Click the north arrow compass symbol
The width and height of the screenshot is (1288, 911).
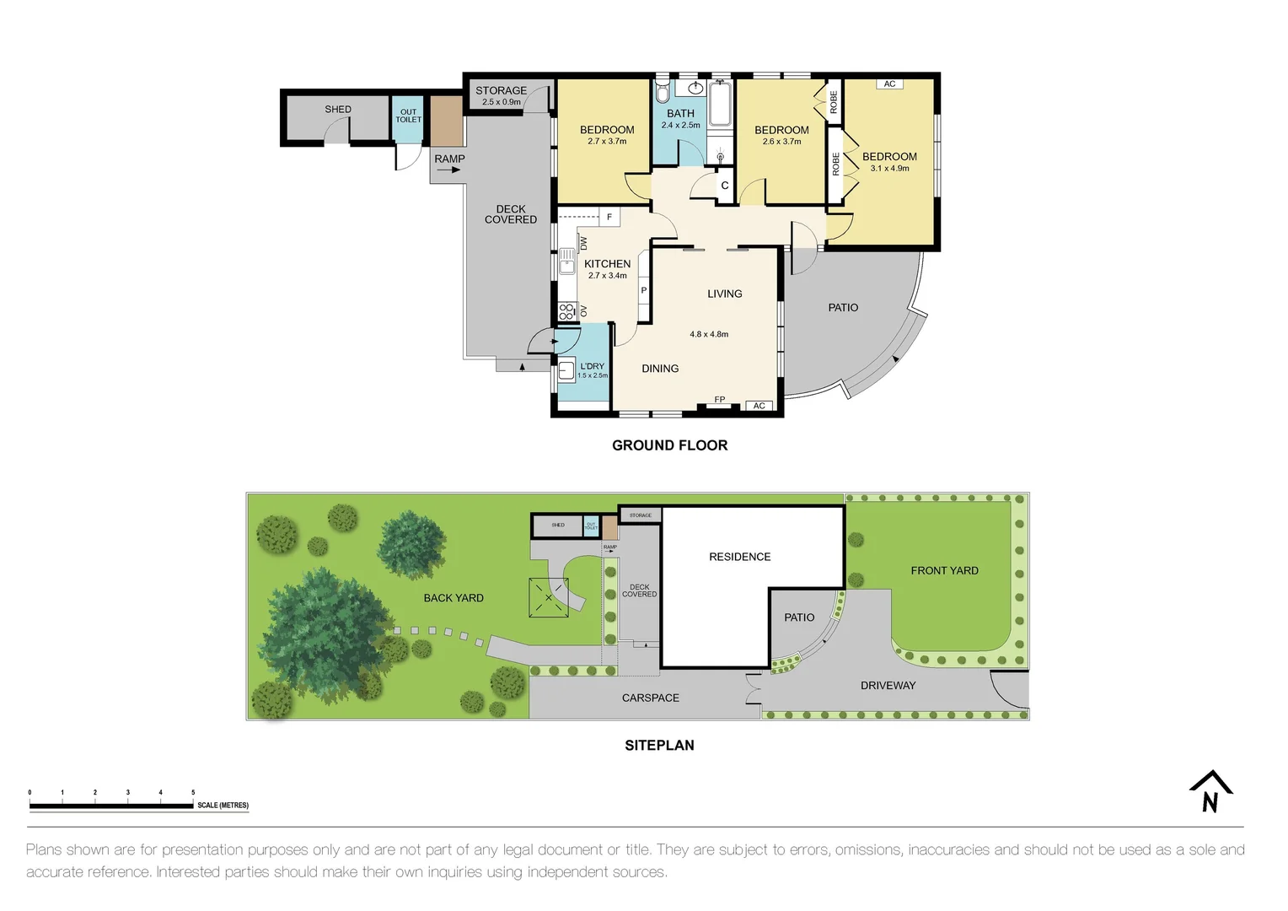[x=1210, y=792]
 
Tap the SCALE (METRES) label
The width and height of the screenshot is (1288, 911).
[x=223, y=806]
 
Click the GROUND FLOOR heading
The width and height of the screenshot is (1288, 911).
[x=669, y=445]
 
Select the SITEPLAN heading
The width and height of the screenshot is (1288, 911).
[x=659, y=746]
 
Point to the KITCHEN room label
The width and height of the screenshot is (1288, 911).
[x=607, y=264]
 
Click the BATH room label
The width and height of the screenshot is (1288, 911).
[x=680, y=114]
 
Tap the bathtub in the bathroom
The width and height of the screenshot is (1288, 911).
[x=719, y=105]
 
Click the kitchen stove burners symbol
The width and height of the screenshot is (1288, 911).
[x=566, y=312]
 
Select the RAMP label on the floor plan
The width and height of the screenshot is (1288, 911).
[x=449, y=159]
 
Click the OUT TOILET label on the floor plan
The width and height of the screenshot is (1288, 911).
[x=408, y=116]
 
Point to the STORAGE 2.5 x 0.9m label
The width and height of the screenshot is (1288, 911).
[x=501, y=95]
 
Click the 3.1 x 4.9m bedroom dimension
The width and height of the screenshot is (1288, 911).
[x=889, y=169]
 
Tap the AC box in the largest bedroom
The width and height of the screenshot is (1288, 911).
[x=889, y=84]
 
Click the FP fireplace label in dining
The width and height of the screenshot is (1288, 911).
[x=719, y=400]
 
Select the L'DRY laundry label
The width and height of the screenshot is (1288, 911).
[x=592, y=367]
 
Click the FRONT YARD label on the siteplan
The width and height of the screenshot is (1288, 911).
[x=944, y=571]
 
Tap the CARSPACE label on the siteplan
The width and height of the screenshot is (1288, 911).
[x=650, y=698]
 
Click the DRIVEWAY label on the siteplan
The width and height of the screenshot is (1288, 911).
[x=888, y=686]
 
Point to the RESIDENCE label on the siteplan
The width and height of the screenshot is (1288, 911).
[x=739, y=557]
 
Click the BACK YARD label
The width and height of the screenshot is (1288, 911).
[x=453, y=598]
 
